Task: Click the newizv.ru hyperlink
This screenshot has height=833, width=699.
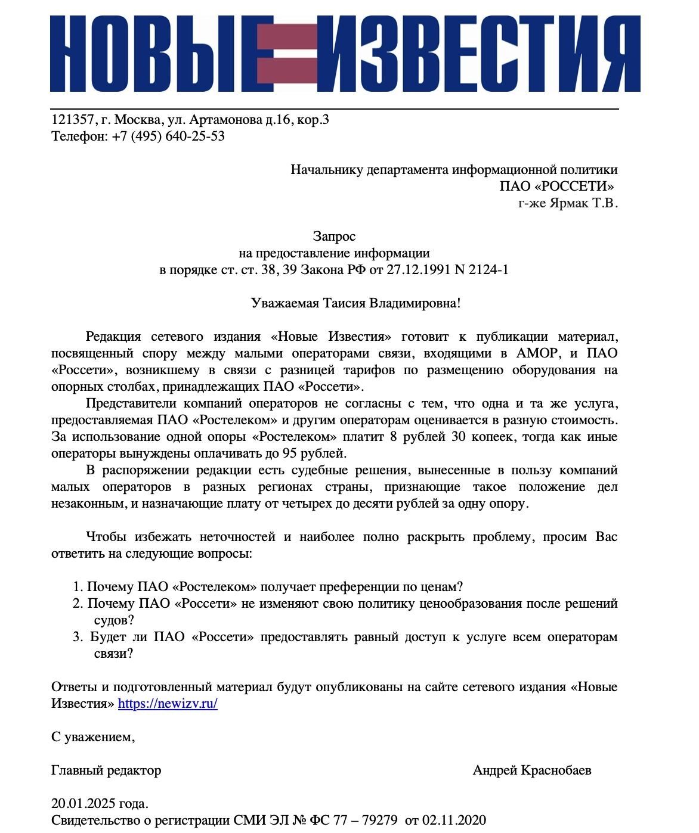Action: (168, 704)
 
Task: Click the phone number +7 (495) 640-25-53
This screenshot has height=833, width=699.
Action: (168, 136)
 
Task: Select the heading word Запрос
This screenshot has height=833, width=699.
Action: (334, 237)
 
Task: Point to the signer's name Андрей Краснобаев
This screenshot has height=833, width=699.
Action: (532, 770)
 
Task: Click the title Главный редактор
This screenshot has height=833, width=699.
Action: (106, 770)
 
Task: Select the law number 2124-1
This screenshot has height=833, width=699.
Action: (488, 270)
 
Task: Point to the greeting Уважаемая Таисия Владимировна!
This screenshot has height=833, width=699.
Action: (355, 303)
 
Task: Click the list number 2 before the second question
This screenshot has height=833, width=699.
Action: (78, 604)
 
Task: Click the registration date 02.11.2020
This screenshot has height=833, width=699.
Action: (454, 820)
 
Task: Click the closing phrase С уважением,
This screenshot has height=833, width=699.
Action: (93, 737)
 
